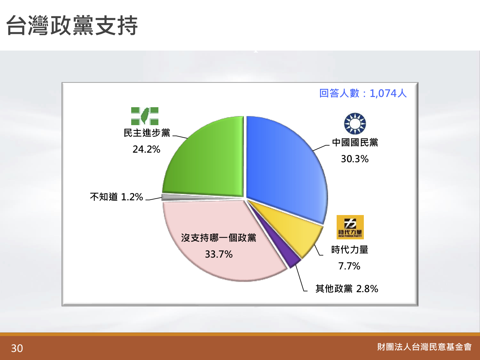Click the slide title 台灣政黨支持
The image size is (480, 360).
tap(72, 25)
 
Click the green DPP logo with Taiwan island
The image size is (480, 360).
tap(145, 116)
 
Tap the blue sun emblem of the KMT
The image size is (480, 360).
tap(355, 124)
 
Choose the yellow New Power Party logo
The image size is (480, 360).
tap(350, 227)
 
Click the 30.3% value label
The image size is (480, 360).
tap(355, 159)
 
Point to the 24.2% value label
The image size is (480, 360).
tap(146, 149)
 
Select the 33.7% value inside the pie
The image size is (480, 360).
tap(219, 254)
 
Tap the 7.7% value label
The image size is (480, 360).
tap(349, 266)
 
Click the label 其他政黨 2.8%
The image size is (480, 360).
tap(347, 289)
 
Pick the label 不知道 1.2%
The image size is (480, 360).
tap(116, 197)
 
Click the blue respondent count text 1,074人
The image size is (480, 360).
tap(388, 93)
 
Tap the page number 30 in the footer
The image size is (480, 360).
tap(17, 348)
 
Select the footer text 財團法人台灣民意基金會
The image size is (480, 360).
tap(424, 347)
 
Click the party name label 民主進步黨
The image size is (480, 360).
tap(147, 133)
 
